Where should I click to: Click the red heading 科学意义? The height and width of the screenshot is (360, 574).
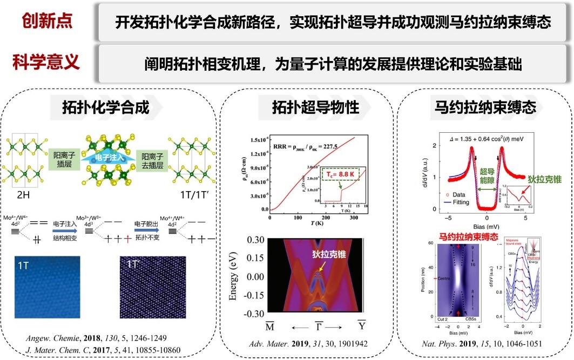pyautogui.click(x=47, y=62)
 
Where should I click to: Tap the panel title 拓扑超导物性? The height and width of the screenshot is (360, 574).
pyautogui.click(x=316, y=107)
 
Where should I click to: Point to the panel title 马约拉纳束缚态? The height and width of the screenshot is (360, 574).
pyautogui.click(x=485, y=107)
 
